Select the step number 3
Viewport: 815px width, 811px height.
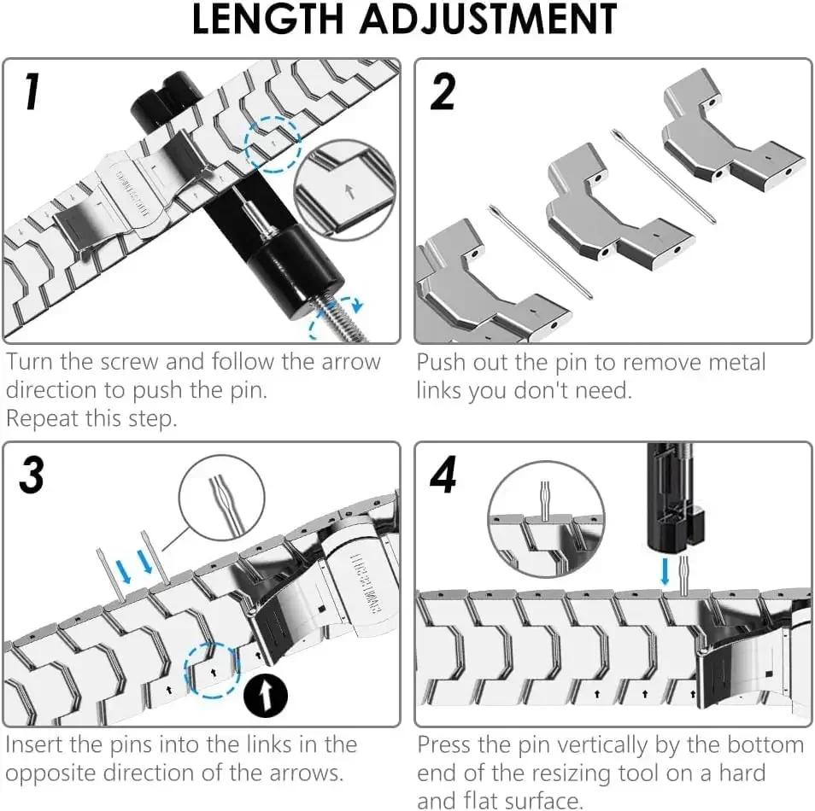[32, 475]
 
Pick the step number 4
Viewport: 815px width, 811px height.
[443, 475]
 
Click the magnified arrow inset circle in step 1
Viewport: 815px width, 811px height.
[345, 188]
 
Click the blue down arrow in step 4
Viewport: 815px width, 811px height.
[665, 569]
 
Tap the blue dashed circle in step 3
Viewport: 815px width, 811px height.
[210, 666]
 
